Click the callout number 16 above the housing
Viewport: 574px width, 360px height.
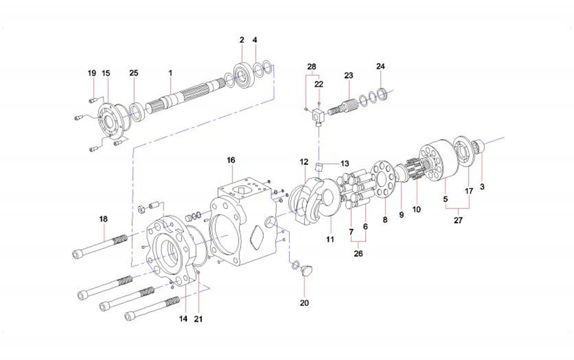tap(231, 160)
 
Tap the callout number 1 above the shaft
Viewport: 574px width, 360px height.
tap(170, 73)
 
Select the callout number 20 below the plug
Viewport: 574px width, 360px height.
tap(304, 303)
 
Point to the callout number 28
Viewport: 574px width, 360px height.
tap(312, 67)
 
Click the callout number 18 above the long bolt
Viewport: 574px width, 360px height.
tap(103, 219)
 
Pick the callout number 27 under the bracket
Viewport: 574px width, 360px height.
tap(458, 220)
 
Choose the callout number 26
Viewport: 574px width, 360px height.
tap(358, 254)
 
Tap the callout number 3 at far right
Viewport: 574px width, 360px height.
tap(482, 187)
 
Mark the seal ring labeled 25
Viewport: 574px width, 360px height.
tap(136, 112)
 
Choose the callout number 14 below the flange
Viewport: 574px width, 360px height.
tap(184, 319)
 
